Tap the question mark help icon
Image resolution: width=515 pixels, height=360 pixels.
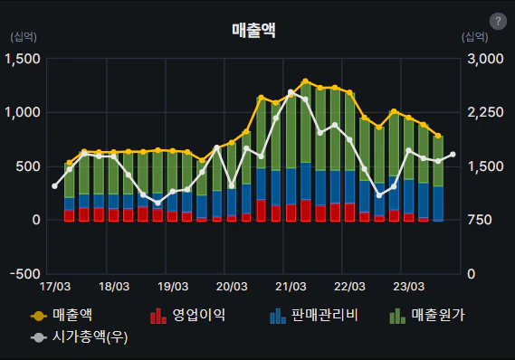(x=497, y=21)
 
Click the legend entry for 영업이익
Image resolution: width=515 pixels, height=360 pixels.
(x=188, y=315)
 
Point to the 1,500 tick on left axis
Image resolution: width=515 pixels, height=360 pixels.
(x=24, y=59)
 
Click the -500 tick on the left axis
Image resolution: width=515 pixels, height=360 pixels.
(x=24, y=274)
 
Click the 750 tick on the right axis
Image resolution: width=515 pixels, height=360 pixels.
(x=483, y=221)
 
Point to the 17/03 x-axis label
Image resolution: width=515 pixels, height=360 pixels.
(x=55, y=287)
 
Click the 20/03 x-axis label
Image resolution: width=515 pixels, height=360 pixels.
(x=233, y=287)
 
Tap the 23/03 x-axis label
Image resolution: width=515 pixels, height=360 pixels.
(x=410, y=287)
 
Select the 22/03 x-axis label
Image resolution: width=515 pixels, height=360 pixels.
(x=350, y=287)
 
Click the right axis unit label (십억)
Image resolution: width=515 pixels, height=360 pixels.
(x=474, y=37)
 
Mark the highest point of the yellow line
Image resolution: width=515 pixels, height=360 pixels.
(x=305, y=81)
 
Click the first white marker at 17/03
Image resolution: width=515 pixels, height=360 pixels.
(x=55, y=185)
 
